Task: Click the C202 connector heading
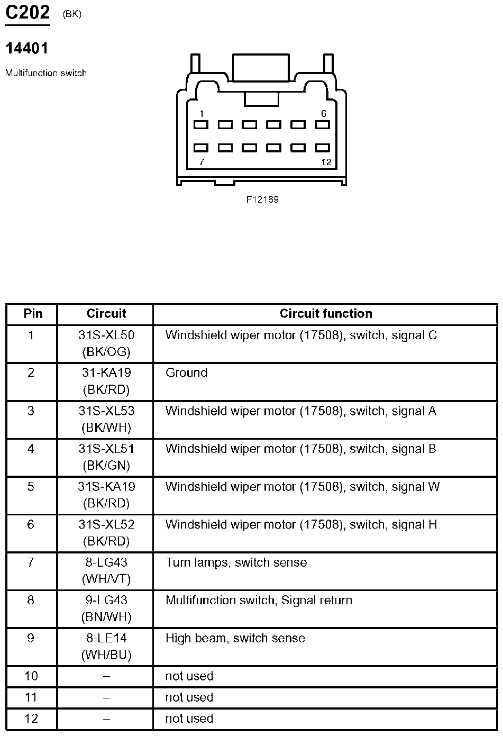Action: coord(28,13)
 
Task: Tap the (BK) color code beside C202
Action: coord(72,14)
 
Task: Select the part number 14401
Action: coord(26,49)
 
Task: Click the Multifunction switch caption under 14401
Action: coord(46,73)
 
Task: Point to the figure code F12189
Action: coord(262,199)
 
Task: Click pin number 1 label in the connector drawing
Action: coord(202,114)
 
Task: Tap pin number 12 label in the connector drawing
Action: coord(326,162)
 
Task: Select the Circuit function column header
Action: coord(326,314)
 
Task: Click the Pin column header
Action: coord(33,314)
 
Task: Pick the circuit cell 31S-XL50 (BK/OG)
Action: coord(106,343)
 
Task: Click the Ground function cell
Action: coord(186,373)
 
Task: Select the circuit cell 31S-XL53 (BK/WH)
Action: coord(106,419)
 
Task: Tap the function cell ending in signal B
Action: coord(300,449)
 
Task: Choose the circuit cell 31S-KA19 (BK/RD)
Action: coord(106,494)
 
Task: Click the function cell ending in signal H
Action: coord(301,525)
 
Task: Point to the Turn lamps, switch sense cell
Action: coord(236,562)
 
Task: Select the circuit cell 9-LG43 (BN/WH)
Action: coord(106,608)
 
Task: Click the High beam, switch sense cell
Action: coord(235,638)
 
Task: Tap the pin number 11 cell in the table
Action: coord(31,697)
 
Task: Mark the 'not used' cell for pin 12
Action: coord(189,719)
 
